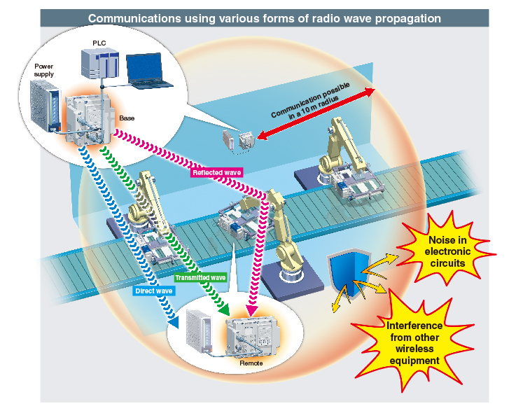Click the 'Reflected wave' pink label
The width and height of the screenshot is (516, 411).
tap(216, 172)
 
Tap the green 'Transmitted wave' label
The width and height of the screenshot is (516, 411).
tap(200, 278)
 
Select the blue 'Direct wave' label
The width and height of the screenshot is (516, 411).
tap(154, 291)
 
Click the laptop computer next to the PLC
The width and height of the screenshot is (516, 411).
tap(148, 71)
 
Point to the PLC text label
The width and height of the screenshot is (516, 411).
tap(99, 43)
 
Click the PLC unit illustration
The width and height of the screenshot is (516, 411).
tap(99, 64)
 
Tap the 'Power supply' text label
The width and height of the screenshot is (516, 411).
tap(44, 70)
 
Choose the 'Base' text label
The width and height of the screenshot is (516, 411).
tap(127, 118)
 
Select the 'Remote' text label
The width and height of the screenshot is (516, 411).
tap(251, 363)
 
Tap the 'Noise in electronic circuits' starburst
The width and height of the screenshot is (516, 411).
tap(447, 252)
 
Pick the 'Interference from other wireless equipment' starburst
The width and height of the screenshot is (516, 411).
tap(414, 343)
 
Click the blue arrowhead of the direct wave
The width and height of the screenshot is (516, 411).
tap(174, 322)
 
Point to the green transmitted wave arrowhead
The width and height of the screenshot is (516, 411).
tap(225, 309)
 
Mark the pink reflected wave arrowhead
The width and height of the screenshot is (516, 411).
tap(252, 310)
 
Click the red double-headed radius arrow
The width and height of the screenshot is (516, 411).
tap(316, 114)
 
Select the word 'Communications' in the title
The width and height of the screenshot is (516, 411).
tap(134, 18)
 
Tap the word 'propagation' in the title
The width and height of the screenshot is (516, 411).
tap(408, 19)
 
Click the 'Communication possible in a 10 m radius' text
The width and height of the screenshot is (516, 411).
tap(311, 101)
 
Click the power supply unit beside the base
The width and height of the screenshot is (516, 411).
tap(46, 106)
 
